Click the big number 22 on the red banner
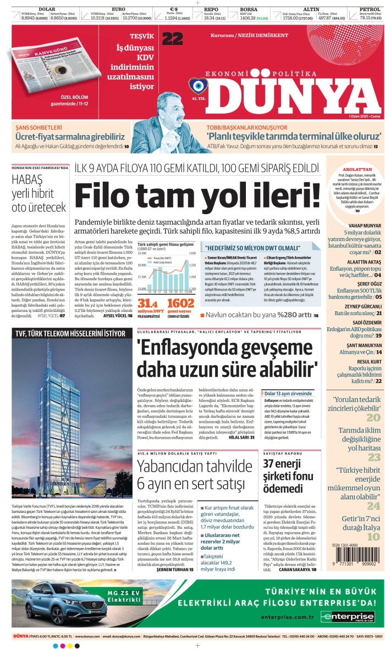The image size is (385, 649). (x=172, y=38)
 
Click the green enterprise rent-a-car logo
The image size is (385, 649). (x=349, y=617)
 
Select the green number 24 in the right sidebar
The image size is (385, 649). (x=374, y=507)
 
